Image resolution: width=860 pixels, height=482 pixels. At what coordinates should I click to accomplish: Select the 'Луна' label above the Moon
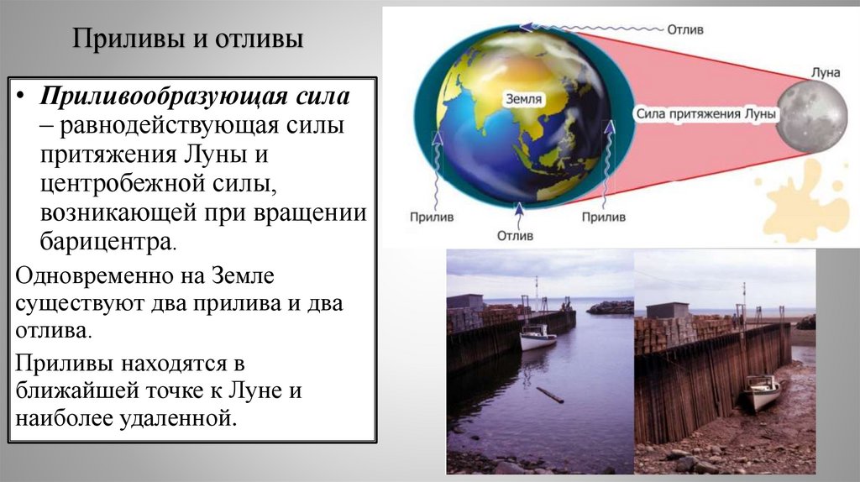pos(826,73)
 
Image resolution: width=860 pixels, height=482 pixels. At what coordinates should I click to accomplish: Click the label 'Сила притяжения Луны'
pos(699,113)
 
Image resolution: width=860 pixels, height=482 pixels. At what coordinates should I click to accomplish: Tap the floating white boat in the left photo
pos(537,338)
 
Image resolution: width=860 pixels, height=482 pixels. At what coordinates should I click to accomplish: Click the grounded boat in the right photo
pos(763,391)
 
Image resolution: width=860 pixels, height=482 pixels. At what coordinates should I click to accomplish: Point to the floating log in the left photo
pos(550,394)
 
